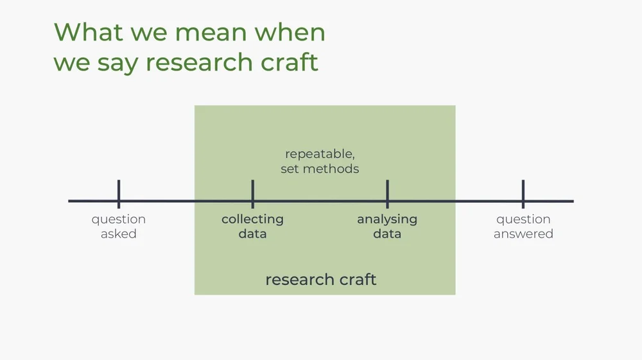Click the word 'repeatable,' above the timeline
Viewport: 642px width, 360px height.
tap(320, 155)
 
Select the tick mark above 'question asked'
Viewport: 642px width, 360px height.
tap(119, 194)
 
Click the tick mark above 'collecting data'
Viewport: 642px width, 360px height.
tap(253, 194)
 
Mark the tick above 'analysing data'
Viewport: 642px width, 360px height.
tap(387, 194)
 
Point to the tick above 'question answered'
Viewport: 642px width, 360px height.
tap(523, 194)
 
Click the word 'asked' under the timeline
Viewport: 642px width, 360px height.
tap(119, 234)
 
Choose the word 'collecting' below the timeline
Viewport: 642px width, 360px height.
tap(252, 219)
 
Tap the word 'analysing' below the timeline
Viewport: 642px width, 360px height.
tap(387, 219)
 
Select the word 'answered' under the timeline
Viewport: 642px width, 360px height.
tap(523, 234)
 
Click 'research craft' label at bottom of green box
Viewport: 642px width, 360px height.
tap(320, 280)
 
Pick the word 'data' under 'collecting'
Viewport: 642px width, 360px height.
tap(252, 234)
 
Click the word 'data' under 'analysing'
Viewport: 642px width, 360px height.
tap(387, 234)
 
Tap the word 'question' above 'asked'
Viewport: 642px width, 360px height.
tap(119, 219)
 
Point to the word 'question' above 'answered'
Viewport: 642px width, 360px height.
tap(523, 219)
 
